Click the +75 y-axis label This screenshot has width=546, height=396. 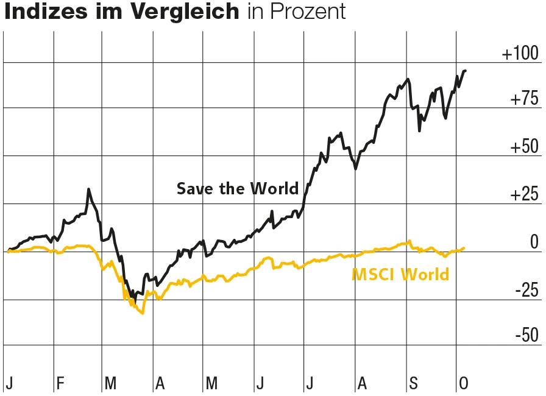pyautogui.click(x=523, y=99)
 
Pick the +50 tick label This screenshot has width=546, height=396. pyautogui.click(x=523, y=147)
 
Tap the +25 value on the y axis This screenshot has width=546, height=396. pyautogui.click(x=523, y=195)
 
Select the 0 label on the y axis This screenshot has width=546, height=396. pyautogui.click(x=534, y=242)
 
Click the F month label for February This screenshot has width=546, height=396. pyautogui.click(x=60, y=383)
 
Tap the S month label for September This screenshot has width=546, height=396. pyautogui.click(x=414, y=383)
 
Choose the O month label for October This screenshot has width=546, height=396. pyautogui.click(x=464, y=383)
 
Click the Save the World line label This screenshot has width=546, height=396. pyautogui.click(x=238, y=189)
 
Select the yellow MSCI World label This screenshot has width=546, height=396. pyautogui.click(x=400, y=275)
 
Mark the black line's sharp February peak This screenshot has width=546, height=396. pyautogui.click(x=89, y=189)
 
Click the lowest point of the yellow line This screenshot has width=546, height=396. pyautogui.click(x=143, y=313)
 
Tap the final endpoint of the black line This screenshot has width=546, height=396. pyautogui.click(x=466, y=71)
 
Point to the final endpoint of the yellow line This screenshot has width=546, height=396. pyautogui.click(x=464, y=248)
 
